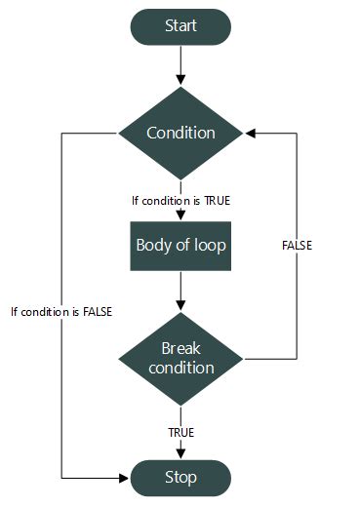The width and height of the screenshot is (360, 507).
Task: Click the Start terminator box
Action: click(x=180, y=27)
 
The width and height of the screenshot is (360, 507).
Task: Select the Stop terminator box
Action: click(x=180, y=478)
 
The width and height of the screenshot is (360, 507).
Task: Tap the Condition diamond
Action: click(x=180, y=133)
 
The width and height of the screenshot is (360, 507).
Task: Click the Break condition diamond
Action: click(x=180, y=358)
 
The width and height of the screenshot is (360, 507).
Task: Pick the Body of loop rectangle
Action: click(x=180, y=246)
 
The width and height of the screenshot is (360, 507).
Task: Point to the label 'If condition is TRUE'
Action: click(x=180, y=201)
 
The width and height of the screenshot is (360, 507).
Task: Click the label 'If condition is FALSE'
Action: click(x=61, y=312)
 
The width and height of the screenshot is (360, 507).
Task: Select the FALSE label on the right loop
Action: click(x=296, y=246)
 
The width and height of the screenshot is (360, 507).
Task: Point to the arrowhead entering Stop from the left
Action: click(x=124, y=478)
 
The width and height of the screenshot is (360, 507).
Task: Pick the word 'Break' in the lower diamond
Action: click(x=180, y=348)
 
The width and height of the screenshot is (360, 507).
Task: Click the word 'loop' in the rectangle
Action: click(x=209, y=246)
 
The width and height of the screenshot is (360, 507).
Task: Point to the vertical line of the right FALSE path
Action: click(x=297, y=292)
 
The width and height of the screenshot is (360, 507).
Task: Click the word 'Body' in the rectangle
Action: click(x=153, y=246)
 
